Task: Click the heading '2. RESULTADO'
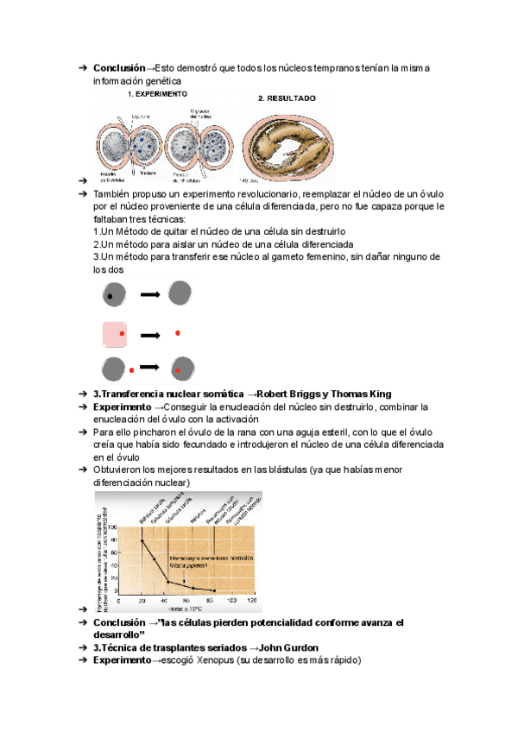coord(287,98)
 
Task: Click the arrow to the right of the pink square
coord(150,335)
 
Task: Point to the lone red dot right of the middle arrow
coord(178,332)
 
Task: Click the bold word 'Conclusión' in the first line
coord(119,68)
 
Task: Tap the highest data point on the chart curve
coord(142,540)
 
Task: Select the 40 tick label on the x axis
coord(164,599)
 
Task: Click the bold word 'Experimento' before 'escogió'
coord(121,660)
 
